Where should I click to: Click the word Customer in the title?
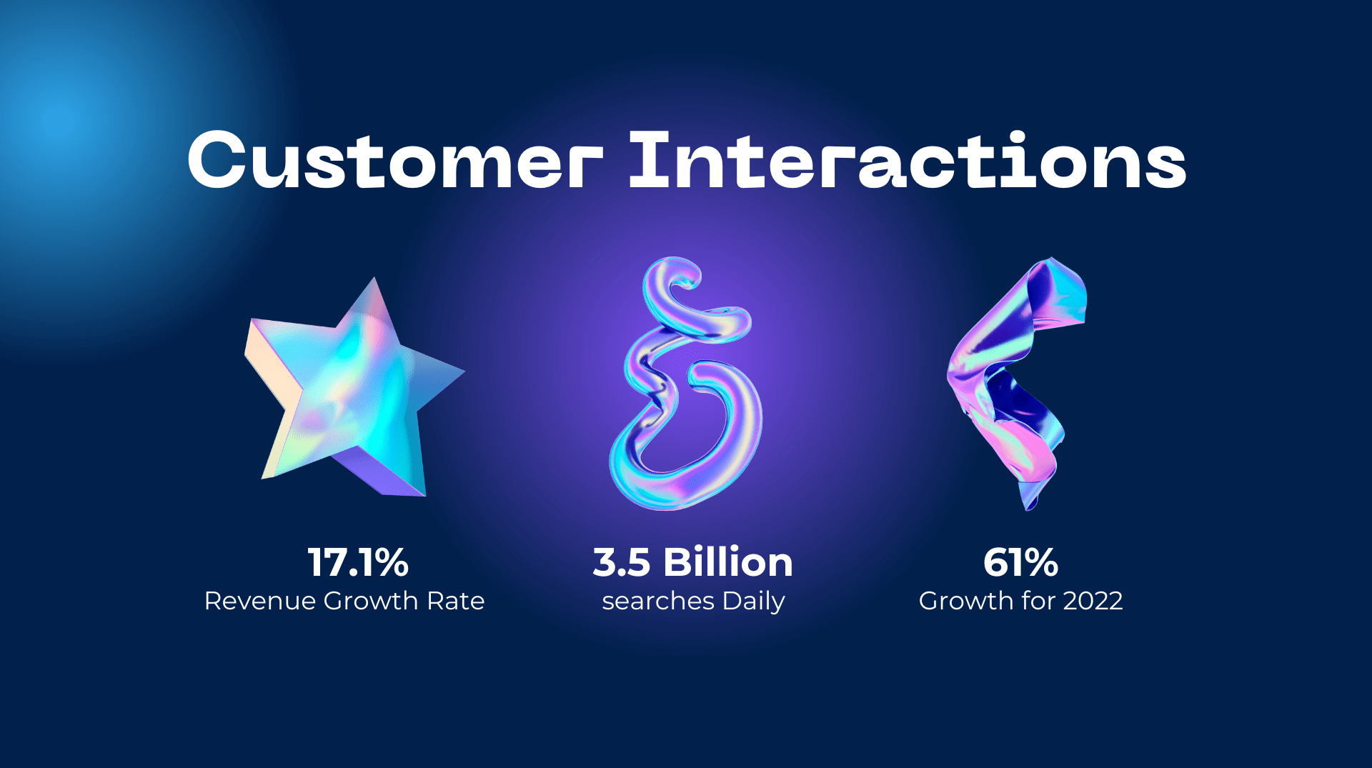(x=394, y=161)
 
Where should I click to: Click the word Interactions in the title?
(x=907, y=161)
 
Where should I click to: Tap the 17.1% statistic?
(x=358, y=562)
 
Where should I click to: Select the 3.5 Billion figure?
(x=692, y=562)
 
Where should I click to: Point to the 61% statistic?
(x=1020, y=562)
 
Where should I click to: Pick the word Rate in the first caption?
(x=455, y=601)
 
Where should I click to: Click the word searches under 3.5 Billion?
(x=657, y=602)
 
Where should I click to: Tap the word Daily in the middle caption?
(x=753, y=602)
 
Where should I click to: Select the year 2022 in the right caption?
(x=1093, y=601)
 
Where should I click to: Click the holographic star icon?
(x=350, y=393)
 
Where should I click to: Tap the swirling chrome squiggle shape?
(x=686, y=386)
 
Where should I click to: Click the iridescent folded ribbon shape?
(x=1015, y=379)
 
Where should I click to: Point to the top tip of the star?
(x=373, y=281)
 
